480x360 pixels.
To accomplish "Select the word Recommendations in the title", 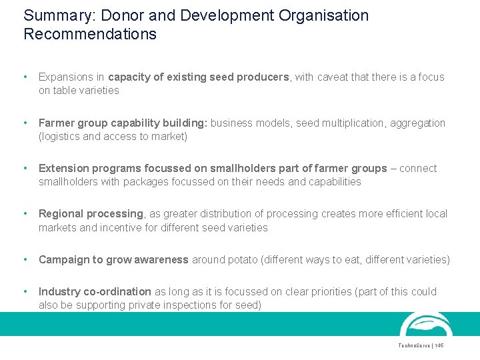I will click(x=90, y=34).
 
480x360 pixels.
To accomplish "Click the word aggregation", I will click(x=418, y=123).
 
